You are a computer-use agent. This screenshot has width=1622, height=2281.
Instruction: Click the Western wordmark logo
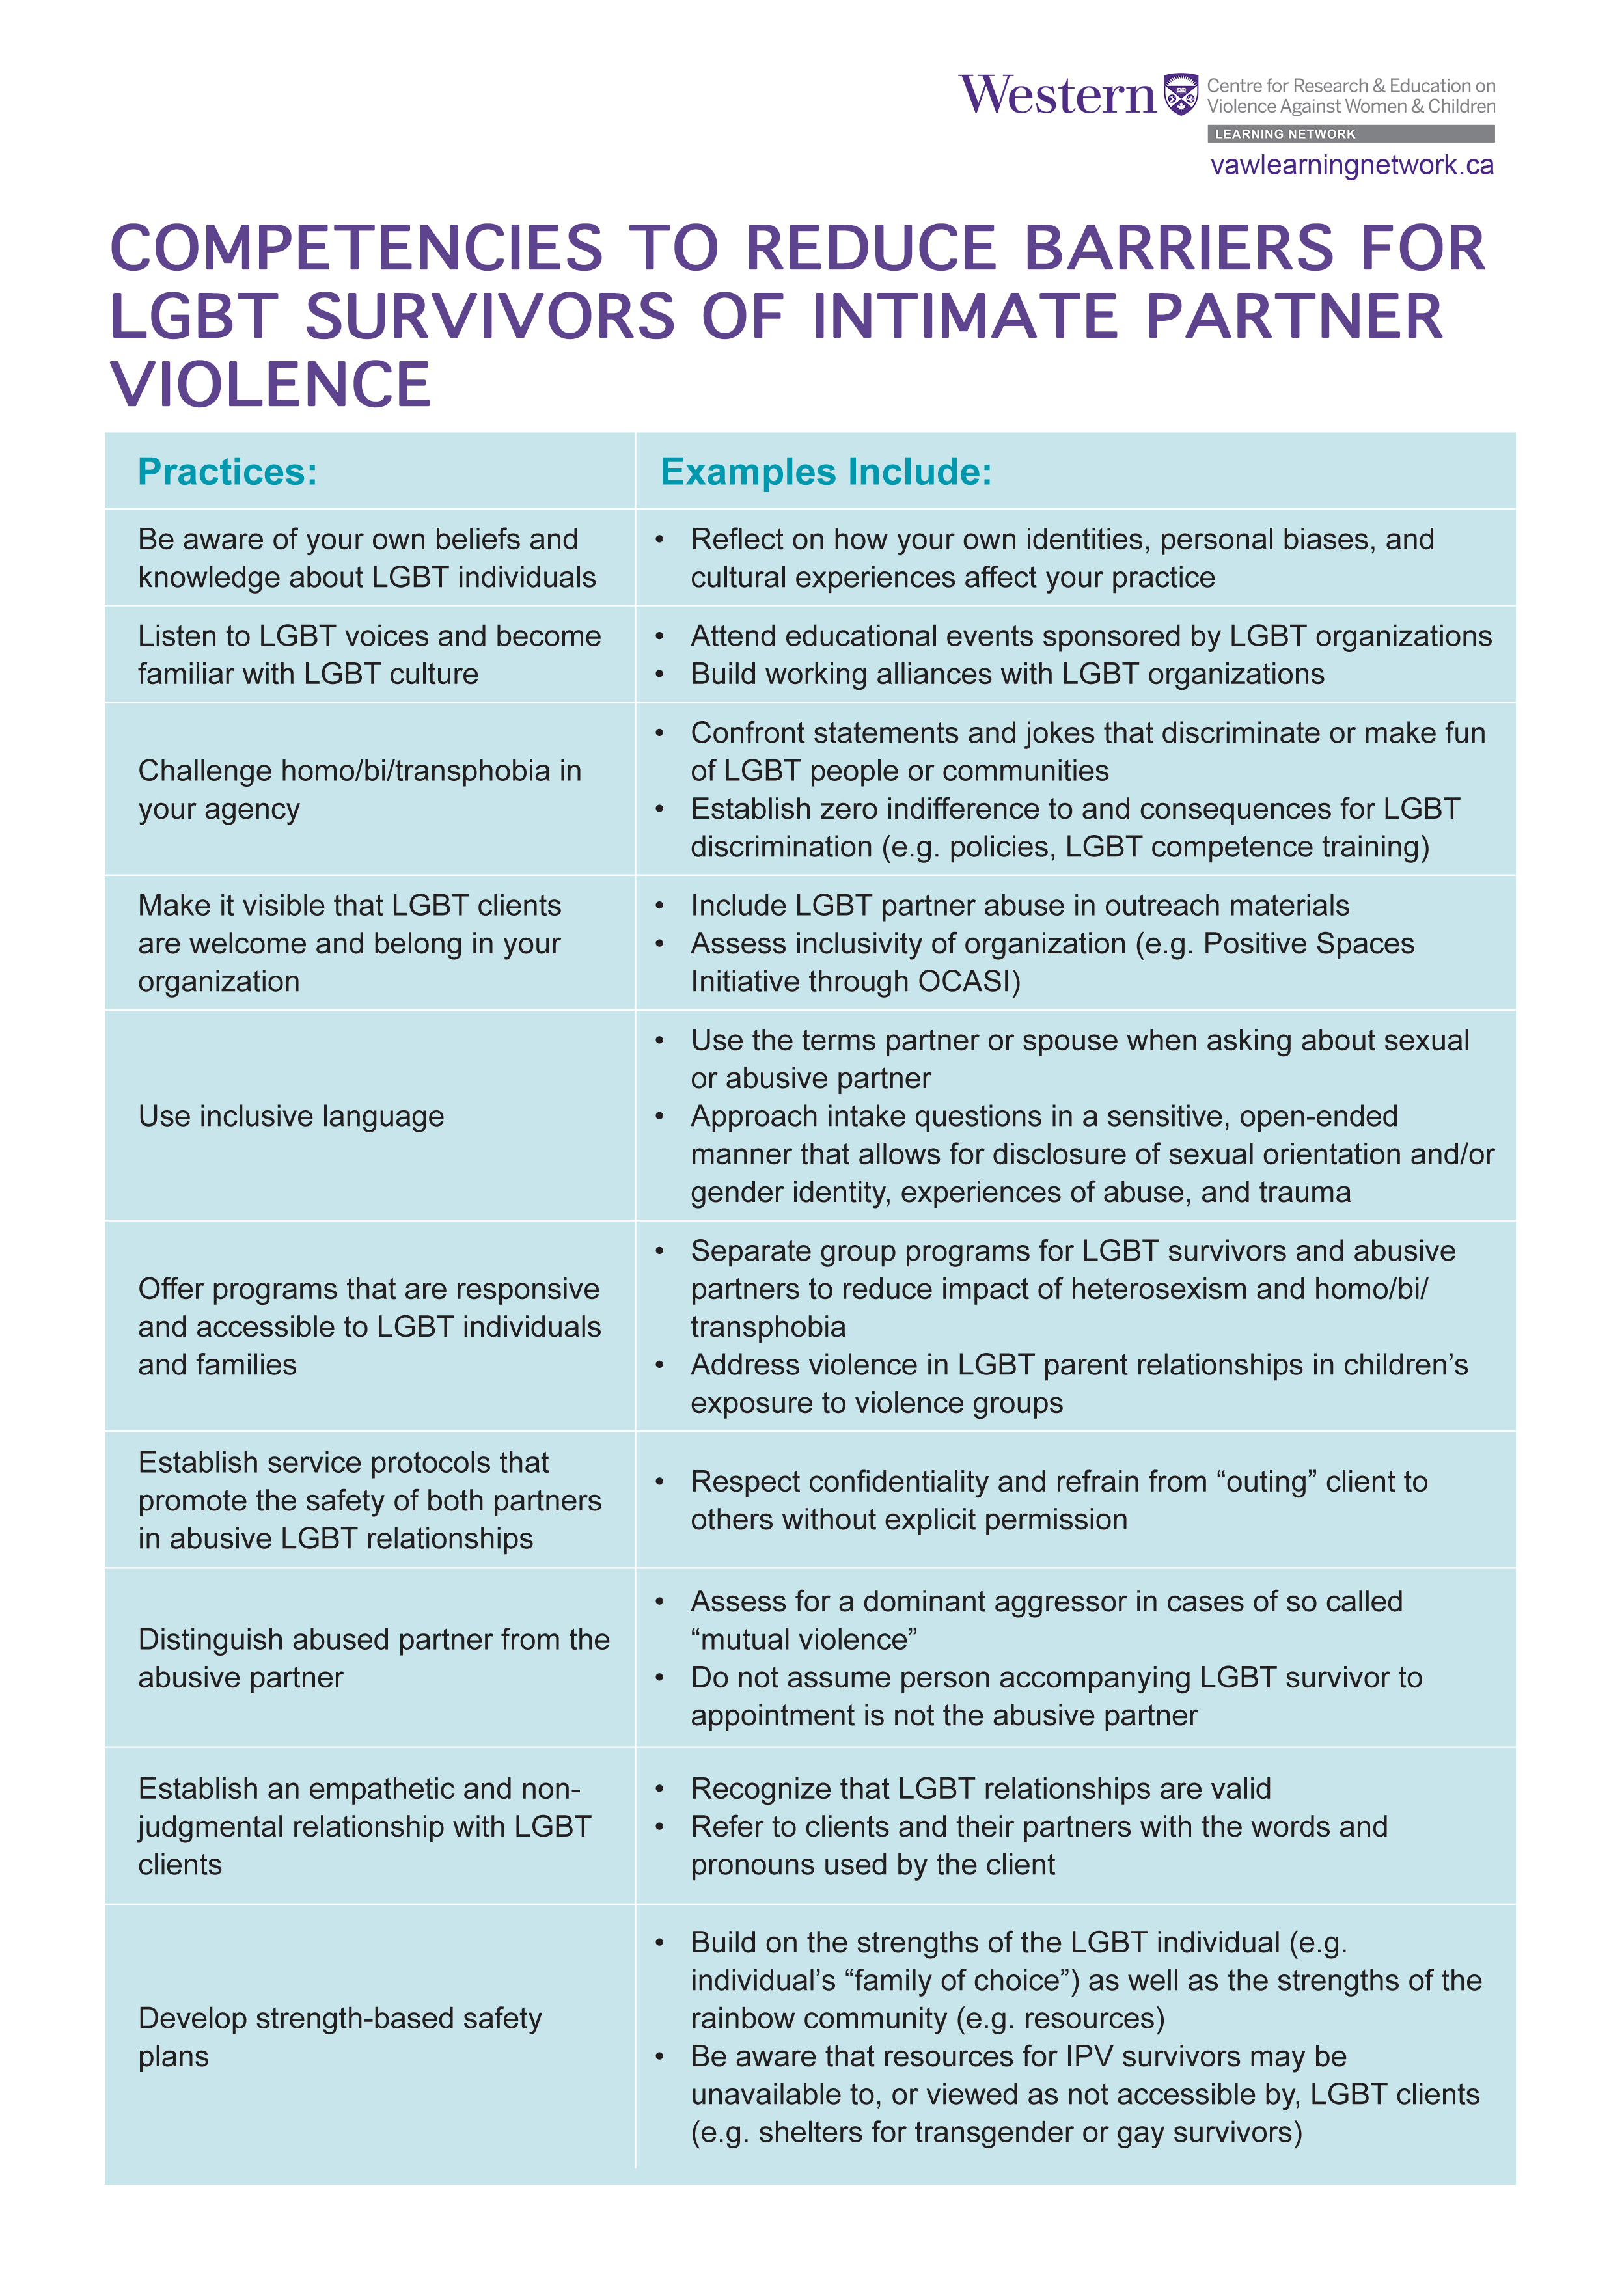pos(1056,96)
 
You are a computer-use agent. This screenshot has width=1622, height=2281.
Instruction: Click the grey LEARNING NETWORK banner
pos(1351,134)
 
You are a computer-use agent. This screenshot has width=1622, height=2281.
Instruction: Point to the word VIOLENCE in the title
pos(271,385)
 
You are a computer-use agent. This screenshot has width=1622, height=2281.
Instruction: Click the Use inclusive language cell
pos(291,1115)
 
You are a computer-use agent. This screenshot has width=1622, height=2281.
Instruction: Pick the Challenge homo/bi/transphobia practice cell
pos(359,789)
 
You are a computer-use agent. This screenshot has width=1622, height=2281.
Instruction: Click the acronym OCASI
pos(969,982)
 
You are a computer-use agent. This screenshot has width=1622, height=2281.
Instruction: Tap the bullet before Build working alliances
pos(659,675)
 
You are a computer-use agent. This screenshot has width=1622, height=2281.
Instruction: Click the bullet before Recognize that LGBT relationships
pos(659,1788)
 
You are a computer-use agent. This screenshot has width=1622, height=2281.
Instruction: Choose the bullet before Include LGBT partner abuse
pos(659,906)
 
